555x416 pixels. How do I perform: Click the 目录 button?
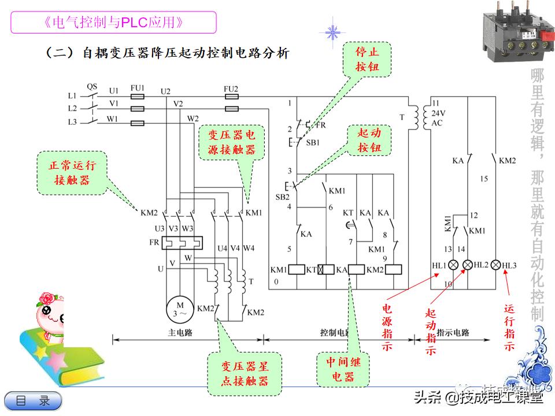pos(33,400)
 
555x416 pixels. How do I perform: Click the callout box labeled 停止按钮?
pos(367,59)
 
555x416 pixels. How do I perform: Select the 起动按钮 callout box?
pos(369,140)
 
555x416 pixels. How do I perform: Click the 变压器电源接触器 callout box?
pos(231,142)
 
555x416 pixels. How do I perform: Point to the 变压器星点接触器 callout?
pos(245,373)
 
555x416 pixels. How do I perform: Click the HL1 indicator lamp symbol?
pos(453,265)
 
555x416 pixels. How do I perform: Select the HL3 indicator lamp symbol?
pos(495,265)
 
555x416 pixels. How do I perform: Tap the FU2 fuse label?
pos(231,88)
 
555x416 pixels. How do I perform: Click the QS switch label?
pos(92,86)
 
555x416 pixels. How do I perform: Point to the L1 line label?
pos(72,95)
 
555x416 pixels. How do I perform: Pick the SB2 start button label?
pos(282,196)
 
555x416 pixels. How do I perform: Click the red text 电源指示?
pos(387,326)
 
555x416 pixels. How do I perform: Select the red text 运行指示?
pos(509,326)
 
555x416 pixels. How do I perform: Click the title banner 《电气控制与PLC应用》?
pos(114,23)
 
